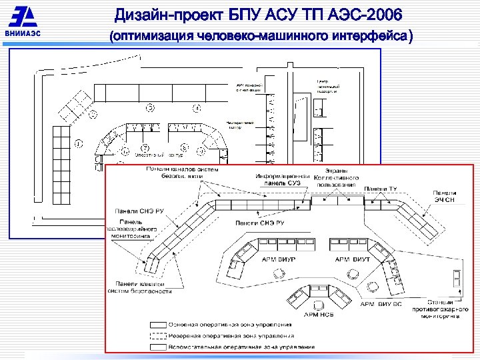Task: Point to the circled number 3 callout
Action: [151, 107]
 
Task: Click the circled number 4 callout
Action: [197, 108]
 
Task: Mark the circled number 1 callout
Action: [78, 143]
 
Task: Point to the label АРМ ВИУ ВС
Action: [382, 304]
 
